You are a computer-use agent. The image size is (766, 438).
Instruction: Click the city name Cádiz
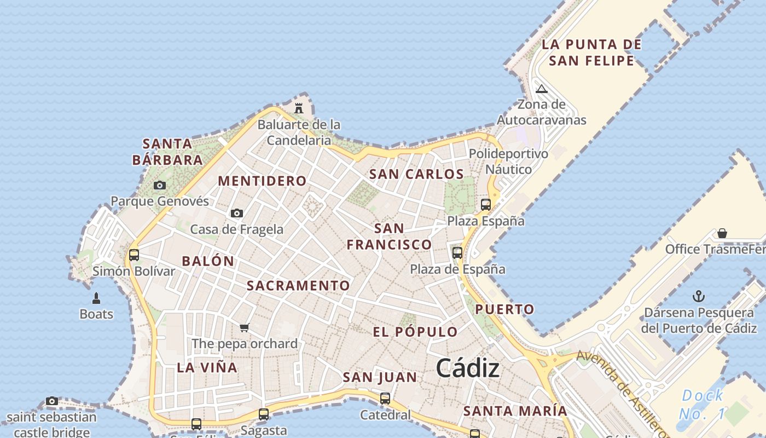pos(468,368)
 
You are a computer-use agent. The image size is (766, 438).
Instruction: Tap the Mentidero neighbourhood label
pos(262,181)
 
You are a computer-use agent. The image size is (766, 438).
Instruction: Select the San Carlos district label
pos(416,174)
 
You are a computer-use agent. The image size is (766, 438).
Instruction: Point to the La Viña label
pos(207,367)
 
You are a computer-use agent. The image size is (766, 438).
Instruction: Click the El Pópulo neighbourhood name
pos(415,332)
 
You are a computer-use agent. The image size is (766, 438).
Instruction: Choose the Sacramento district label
pos(298,285)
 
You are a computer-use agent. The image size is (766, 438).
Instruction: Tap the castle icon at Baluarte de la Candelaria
pos(299,108)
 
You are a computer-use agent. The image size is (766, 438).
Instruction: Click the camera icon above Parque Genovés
pos(160,185)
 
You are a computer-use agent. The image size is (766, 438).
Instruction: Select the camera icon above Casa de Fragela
pos(237,213)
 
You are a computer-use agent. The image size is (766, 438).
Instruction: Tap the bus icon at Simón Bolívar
pos(134,255)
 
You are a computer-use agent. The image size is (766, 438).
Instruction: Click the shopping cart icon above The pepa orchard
pos(245,327)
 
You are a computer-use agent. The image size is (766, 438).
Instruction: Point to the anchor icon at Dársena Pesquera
pos(698,297)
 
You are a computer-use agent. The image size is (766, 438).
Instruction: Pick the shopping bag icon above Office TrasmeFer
pos(722,233)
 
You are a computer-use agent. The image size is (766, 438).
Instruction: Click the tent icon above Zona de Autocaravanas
pos(542,89)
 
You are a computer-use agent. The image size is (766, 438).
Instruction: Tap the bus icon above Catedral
pos(385,398)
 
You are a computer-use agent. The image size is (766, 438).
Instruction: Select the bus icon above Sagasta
pos(264,414)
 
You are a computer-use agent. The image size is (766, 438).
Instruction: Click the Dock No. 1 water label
pos(703,404)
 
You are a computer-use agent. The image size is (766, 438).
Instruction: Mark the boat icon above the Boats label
pos(96,298)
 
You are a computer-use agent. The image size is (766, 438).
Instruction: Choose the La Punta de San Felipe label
pos(591,52)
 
